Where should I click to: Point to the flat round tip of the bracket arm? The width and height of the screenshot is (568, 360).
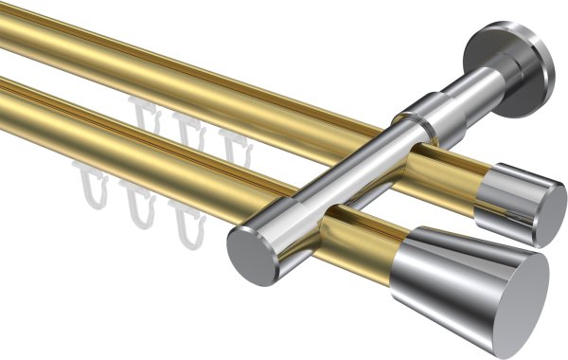[247, 250]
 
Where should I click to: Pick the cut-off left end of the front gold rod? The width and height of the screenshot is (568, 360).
[6, 98]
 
